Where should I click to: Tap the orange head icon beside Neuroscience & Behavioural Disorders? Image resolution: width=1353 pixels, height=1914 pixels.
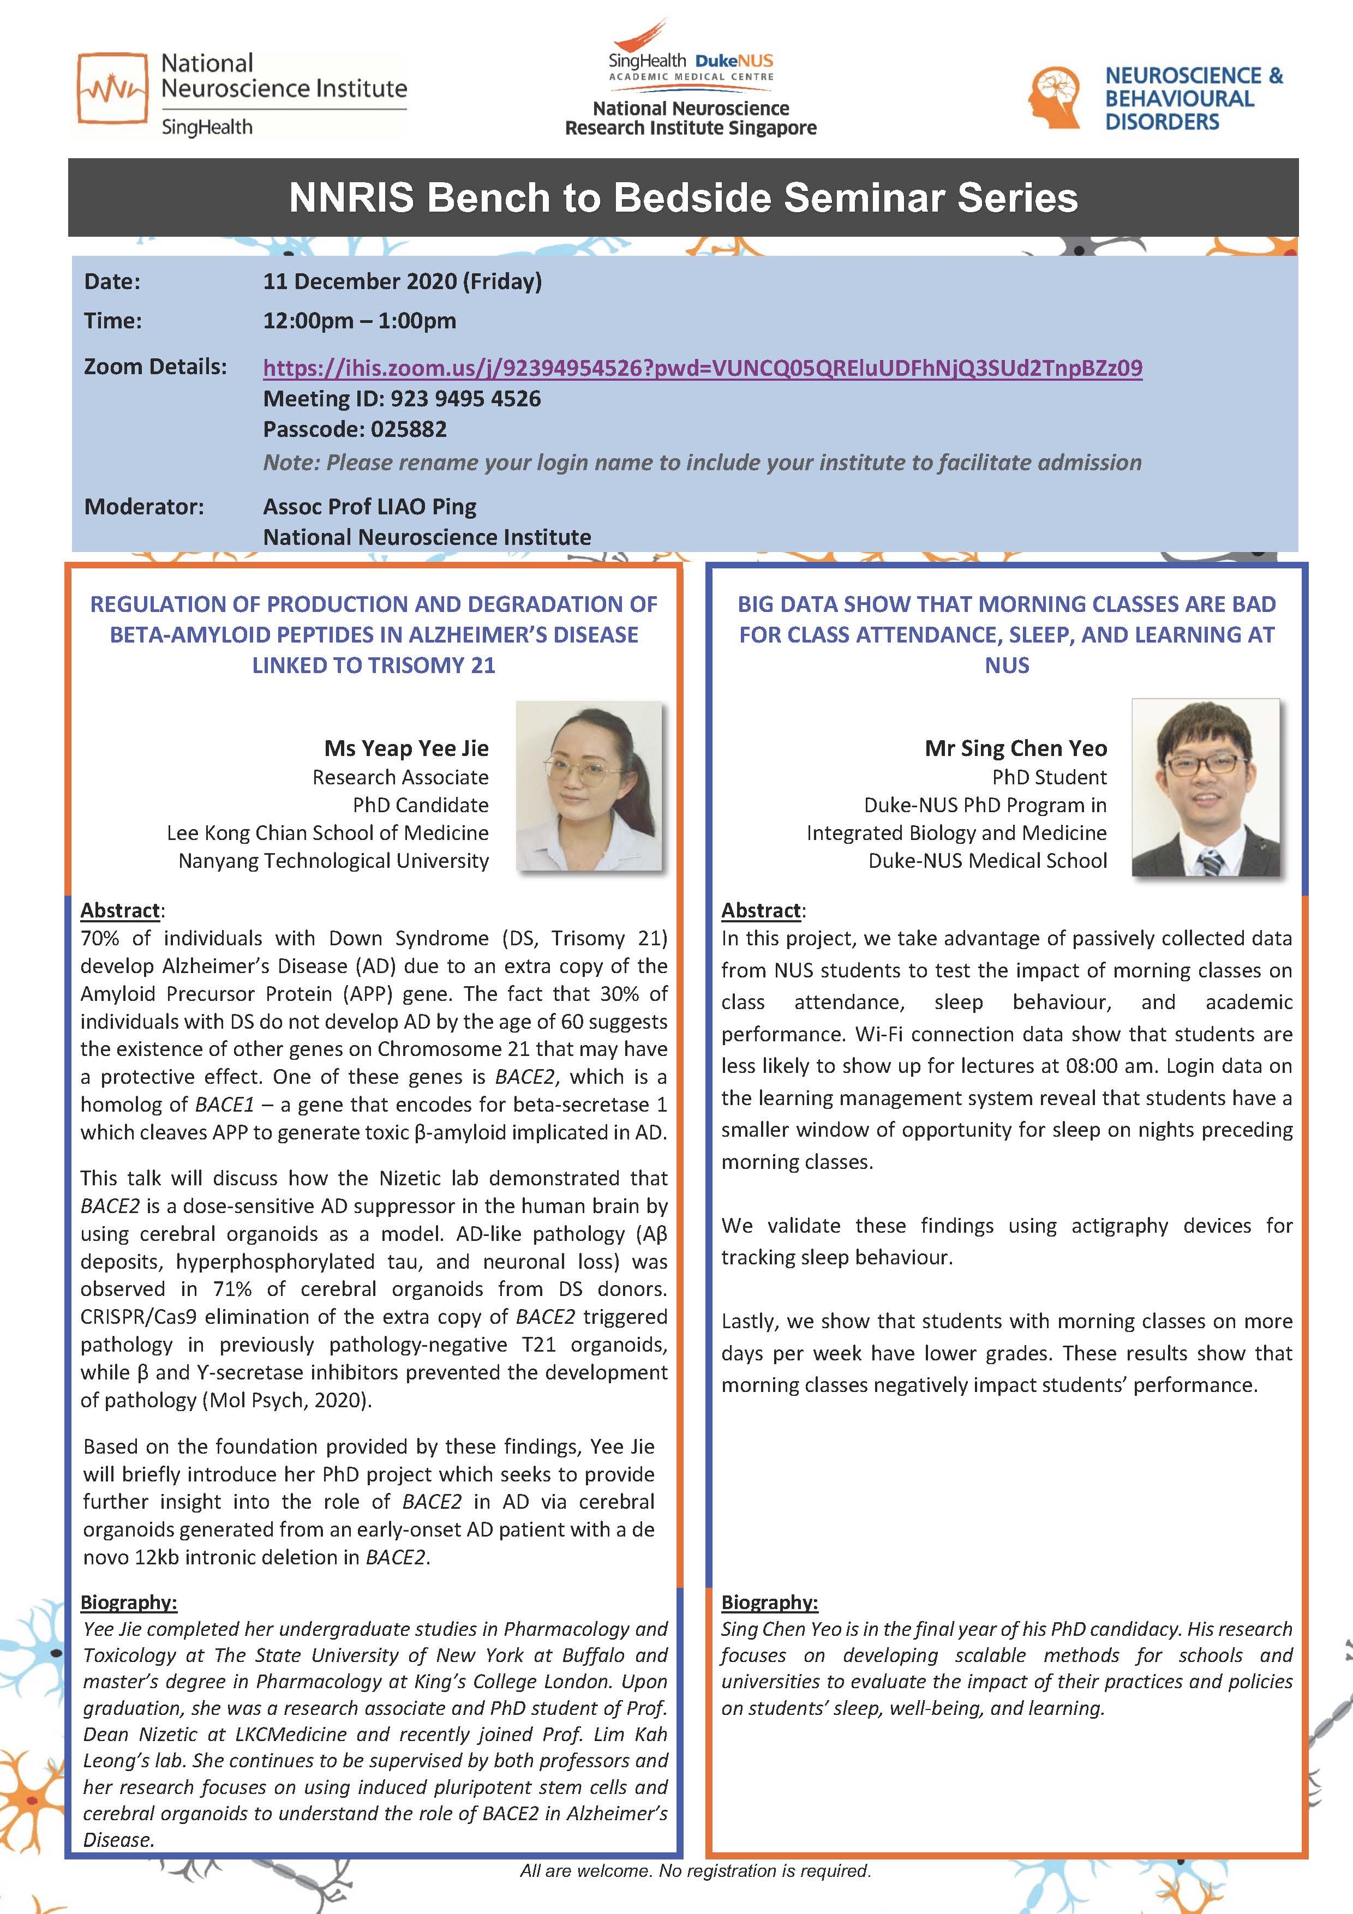tap(1055, 98)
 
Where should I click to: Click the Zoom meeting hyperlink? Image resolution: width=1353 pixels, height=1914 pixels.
tap(702, 368)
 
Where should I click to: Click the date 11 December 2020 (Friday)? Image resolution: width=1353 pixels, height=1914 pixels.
tap(402, 281)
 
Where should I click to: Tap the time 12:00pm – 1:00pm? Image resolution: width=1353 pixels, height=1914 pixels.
tap(360, 321)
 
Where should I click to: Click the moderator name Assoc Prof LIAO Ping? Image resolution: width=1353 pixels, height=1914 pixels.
tap(369, 506)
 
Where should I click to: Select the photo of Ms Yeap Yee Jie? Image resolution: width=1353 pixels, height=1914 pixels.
tap(589, 786)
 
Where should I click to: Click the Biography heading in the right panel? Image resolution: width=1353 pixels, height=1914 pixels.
tap(769, 1601)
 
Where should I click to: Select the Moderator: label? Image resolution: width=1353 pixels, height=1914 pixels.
tap(143, 506)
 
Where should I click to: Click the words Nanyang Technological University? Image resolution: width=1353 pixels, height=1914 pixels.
tap(333, 860)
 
